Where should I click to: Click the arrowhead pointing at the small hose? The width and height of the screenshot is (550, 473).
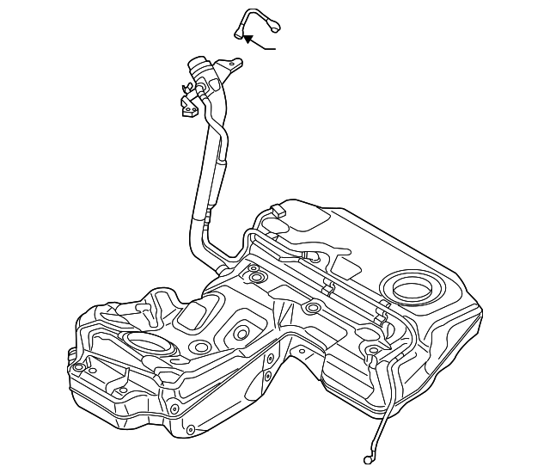247,38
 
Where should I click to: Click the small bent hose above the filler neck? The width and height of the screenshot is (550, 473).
256,18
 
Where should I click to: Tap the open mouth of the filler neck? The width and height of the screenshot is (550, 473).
198,64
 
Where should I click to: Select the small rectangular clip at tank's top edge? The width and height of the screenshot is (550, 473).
277,210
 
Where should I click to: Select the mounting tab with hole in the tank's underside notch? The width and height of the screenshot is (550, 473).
304,351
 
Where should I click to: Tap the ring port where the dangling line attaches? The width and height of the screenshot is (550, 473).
372,350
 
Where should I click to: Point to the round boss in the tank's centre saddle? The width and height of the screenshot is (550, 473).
313,308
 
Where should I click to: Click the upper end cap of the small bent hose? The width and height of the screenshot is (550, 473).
275,26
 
